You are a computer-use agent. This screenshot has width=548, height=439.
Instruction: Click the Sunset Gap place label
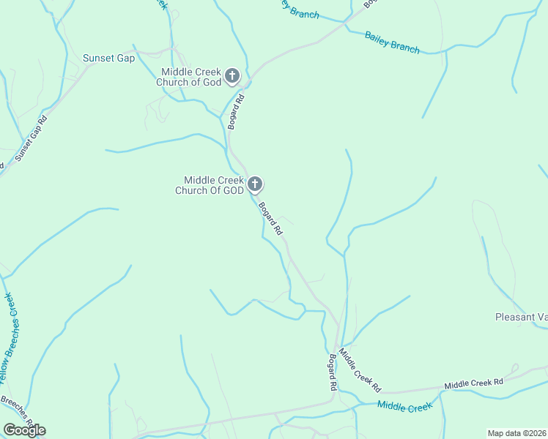tap(108, 59)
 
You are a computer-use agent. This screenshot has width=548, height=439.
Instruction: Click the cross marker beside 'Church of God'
tap(232, 75)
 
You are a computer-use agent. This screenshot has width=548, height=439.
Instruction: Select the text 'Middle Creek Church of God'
tap(190, 76)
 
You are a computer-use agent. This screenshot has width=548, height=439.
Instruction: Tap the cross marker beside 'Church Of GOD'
tap(254, 184)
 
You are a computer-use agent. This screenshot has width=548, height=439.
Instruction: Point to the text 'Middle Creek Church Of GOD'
tap(209, 185)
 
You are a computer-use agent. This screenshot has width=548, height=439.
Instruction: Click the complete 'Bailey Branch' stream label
tap(392, 42)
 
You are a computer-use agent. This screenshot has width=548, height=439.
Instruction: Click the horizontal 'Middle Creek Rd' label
tap(473, 383)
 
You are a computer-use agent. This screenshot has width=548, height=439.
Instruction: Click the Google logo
tap(24, 429)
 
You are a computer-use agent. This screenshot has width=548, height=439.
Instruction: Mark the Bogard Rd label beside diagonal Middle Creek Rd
tap(332, 371)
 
